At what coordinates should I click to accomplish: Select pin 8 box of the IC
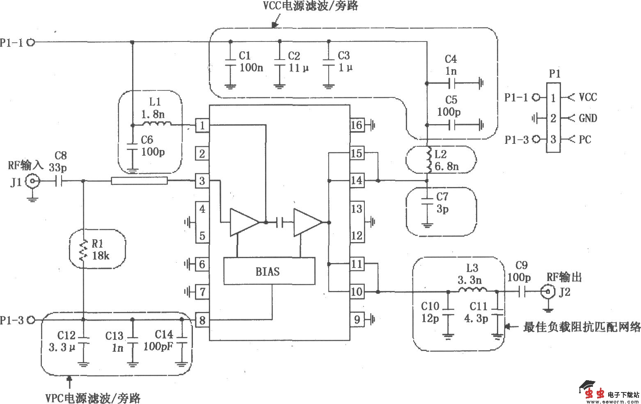pyautogui.click(x=202, y=320)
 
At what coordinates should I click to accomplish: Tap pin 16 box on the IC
pyautogui.click(x=357, y=125)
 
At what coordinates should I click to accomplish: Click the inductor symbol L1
pyautogui.click(x=156, y=124)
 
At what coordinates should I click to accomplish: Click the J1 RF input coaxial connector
pyautogui.click(x=32, y=181)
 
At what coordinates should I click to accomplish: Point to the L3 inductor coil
pyautogui.click(x=472, y=291)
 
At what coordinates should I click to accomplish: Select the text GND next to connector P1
pyautogui.click(x=588, y=118)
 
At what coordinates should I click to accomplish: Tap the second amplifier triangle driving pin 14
pyautogui.click(x=307, y=222)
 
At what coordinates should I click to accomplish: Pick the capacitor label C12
pyautogui.click(x=66, y=336)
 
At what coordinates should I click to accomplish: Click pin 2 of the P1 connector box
pyautogui.click(x=553, y=118)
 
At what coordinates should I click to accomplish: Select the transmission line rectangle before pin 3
pyautogui.click(x=139, y=181)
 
